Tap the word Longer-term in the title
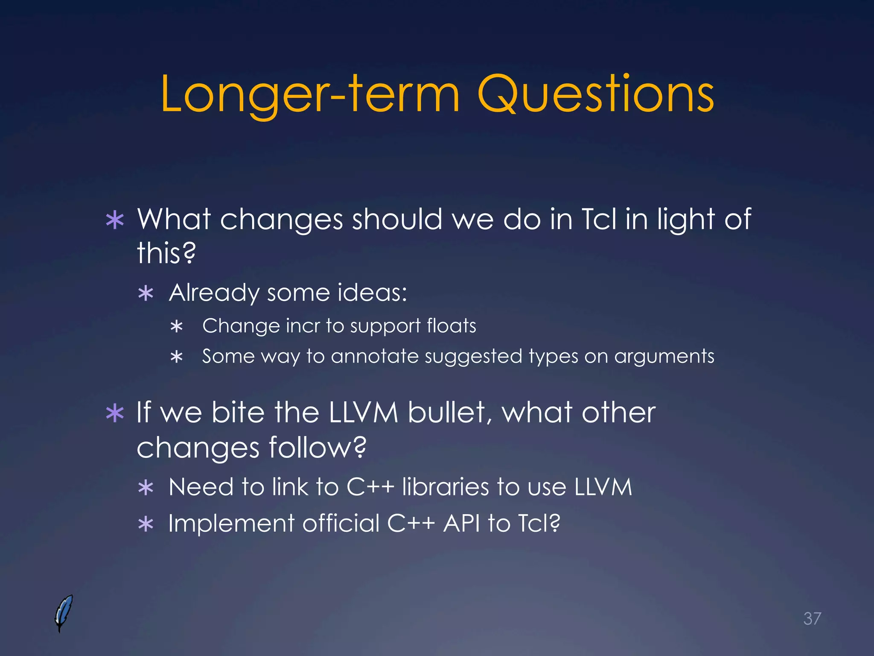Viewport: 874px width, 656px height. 310,95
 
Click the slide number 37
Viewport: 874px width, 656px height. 812,618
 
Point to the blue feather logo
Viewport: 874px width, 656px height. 64,613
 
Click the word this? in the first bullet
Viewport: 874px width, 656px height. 166,253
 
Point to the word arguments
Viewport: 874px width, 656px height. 664,356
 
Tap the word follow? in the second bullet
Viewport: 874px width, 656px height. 318,448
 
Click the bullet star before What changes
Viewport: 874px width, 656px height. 115,221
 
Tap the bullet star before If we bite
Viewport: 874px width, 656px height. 115,413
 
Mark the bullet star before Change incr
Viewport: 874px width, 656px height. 176,327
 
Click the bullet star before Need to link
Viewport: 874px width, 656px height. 146,488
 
